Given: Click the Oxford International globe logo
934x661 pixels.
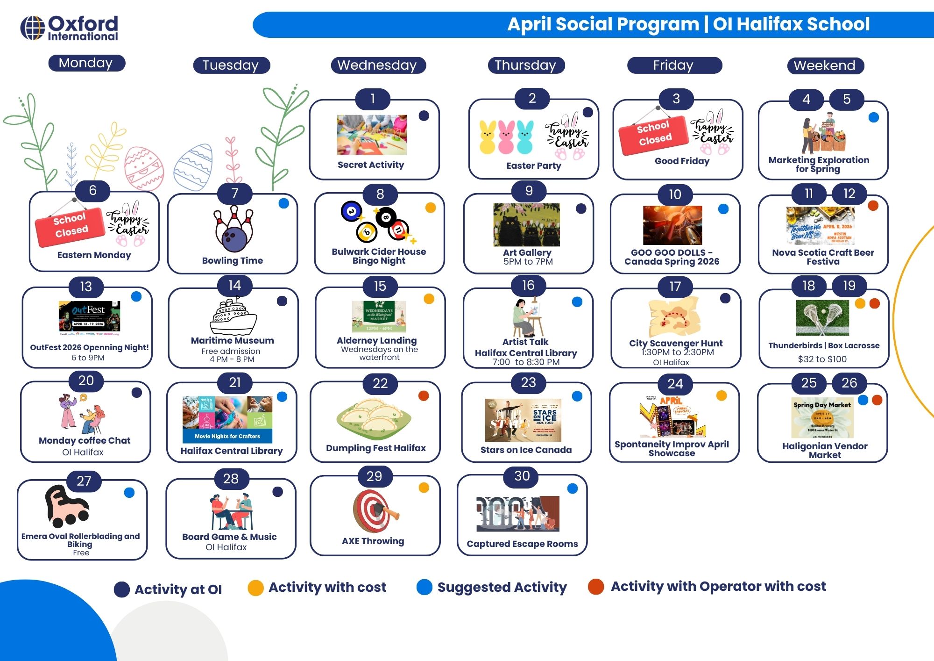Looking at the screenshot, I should tap(32, 28).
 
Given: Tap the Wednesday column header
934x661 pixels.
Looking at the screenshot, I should tap(377, 65).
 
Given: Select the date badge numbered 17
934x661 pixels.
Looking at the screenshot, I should tap(675, 287).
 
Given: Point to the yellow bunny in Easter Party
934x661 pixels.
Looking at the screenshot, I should tap(488, 137).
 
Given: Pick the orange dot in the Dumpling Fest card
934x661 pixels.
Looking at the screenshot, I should tap(424, 396).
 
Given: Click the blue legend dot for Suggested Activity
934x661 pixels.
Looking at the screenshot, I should tap(424, 587).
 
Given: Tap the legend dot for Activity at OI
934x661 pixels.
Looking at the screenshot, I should tap(122, 589).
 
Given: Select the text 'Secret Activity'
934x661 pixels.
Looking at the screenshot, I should tap(371, 165).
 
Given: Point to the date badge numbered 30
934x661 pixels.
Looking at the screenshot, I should tap(522, 476).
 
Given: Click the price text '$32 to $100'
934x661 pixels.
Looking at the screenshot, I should tap(822, 359).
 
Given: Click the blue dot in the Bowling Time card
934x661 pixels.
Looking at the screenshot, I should tap(283, 203).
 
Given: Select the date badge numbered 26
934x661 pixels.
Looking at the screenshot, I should tap(849, 383).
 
